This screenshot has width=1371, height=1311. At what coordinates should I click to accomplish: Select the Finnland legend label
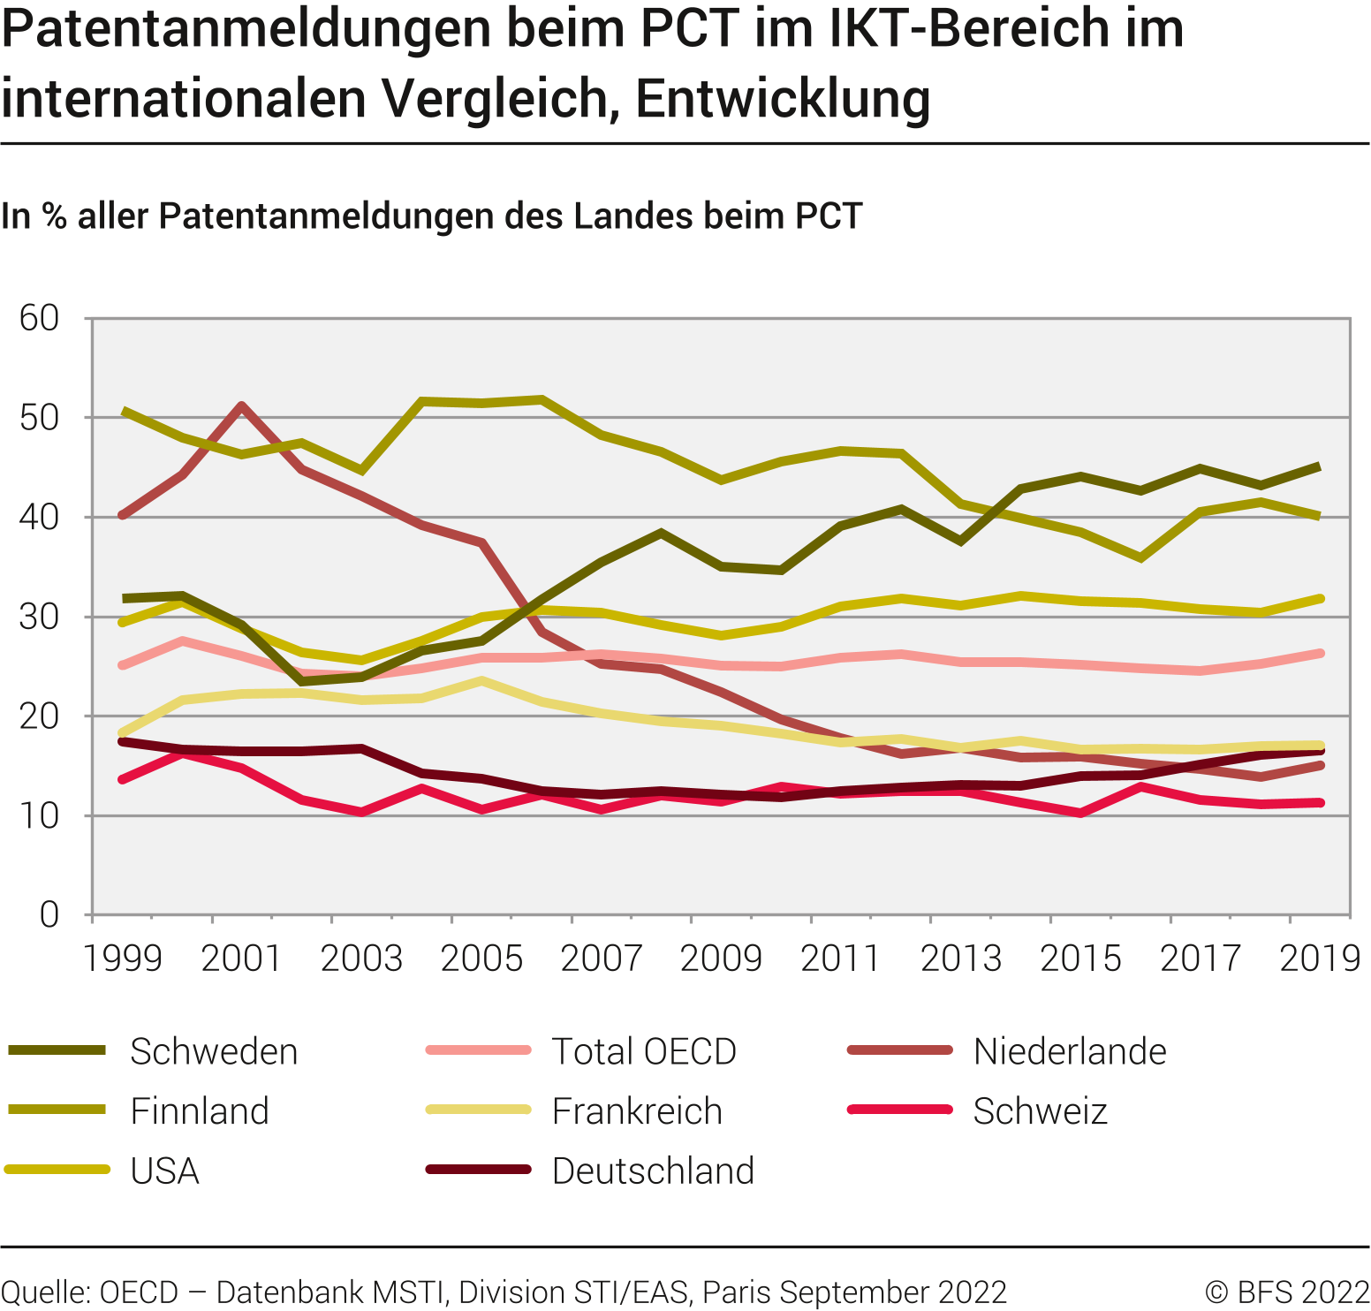[x=199, y=1111]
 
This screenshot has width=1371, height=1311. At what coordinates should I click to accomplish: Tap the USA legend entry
[x=164, y=1171]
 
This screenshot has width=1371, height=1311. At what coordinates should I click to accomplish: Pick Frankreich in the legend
[x=636, y=1111]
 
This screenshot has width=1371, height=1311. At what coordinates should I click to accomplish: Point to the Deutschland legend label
[x=652, y=1171]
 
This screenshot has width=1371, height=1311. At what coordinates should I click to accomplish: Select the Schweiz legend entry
[x=1040, y=1111]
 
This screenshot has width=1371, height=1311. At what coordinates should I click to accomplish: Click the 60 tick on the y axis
[x=39, y=318]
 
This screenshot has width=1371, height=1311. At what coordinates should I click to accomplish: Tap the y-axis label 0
[x=49, y=915]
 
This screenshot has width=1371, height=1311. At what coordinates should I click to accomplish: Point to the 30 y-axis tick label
[x=39, y=617]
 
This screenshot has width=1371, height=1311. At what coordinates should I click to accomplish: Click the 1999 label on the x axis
[x=122, y=959]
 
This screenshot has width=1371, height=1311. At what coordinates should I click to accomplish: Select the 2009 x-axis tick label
[x=721, y=959]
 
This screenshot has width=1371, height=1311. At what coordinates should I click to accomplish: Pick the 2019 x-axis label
[x=1320, y=959]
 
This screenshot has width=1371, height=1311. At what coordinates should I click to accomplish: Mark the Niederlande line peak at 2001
[x=242, y=405]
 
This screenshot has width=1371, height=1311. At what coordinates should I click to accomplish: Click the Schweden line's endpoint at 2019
[x=1320, y=466]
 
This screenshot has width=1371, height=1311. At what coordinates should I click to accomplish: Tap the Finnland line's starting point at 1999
[x=124, y=411]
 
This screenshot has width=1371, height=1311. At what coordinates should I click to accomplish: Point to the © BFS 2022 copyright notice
[x=1286, y=1292]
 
